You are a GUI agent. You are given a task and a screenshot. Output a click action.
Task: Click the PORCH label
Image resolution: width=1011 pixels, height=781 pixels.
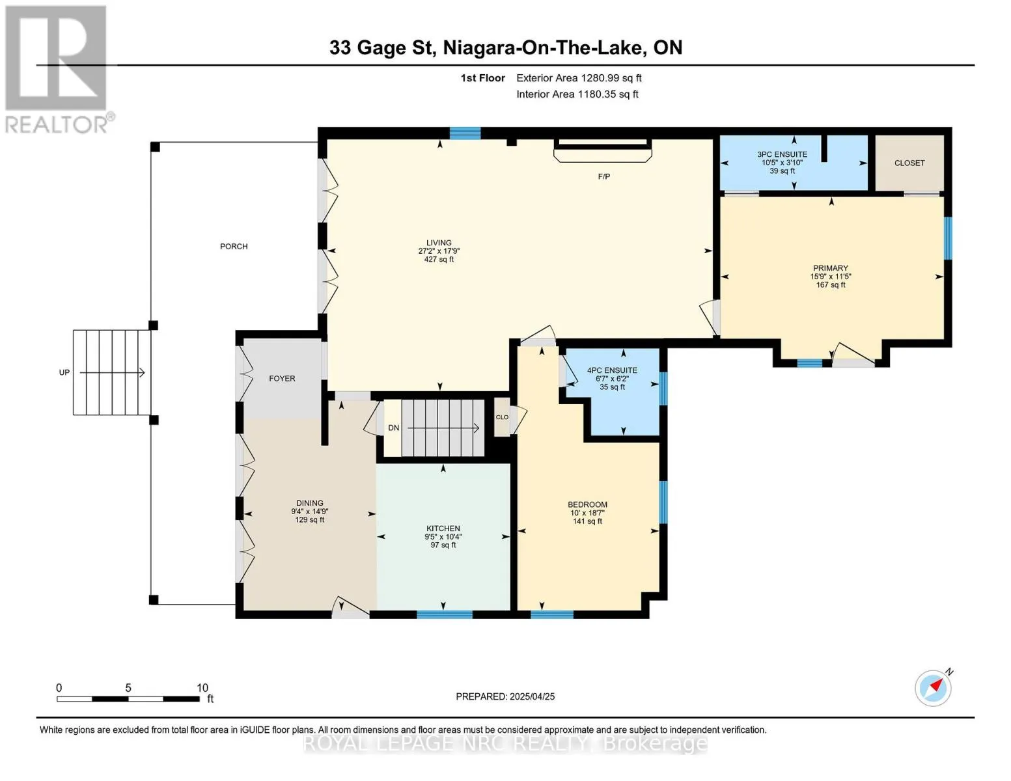(x=234, y=247)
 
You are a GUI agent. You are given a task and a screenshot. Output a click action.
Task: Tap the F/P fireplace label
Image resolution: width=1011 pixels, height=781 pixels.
(x=604, y=176)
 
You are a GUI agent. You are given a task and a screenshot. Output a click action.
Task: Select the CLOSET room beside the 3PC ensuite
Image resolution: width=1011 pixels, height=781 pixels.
(x=909, y=163)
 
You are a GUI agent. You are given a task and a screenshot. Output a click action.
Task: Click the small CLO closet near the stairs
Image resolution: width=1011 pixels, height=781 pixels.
(x=502, y=417)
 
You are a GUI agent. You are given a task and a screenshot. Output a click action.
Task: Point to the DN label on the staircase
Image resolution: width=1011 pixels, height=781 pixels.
(x=394, y=428)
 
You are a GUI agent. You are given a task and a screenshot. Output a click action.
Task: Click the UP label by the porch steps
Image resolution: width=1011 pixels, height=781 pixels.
(x=64, y=372)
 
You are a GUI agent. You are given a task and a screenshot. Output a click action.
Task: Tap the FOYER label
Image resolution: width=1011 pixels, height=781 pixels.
(x=282, y=379)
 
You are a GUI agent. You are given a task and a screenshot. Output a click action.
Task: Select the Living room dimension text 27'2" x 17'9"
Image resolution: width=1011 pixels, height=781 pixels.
(x=439, y=251)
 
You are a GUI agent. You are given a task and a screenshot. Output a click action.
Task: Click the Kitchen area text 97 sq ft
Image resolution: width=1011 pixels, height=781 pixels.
(x=443, y=545)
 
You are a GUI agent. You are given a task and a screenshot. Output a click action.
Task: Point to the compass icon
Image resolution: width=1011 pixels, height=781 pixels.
(x=934, y=687)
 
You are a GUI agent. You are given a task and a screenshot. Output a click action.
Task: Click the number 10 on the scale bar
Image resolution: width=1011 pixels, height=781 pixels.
(x=202, y=687)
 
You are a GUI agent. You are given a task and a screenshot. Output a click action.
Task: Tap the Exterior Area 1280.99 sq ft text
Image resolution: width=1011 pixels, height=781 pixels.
(x=579, y=78)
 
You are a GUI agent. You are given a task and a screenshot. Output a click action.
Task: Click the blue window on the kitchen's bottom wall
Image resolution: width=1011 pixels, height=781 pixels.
(x=445, y=614)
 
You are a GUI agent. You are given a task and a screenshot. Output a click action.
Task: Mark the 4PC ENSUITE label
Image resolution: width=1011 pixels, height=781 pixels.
(x=612, y=370)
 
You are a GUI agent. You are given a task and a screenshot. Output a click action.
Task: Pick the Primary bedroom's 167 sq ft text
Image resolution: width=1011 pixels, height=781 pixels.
(x=831, y=284)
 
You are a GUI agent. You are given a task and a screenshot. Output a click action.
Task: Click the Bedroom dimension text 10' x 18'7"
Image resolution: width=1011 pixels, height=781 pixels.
(x=587, y=513)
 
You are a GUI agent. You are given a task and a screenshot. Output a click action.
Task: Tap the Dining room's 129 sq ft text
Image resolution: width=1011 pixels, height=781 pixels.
(x=309, y=519)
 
